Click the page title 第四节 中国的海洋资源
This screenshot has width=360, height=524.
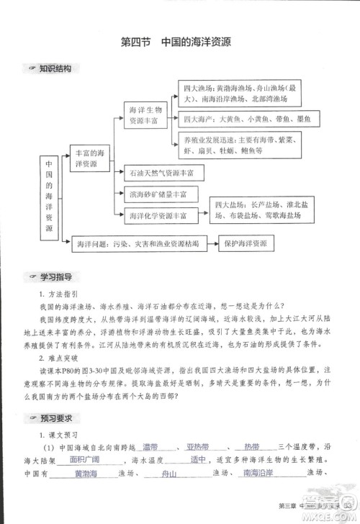[180, 42]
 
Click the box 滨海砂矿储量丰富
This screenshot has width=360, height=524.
[156, 194]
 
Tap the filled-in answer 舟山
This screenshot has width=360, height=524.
[170, 474]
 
